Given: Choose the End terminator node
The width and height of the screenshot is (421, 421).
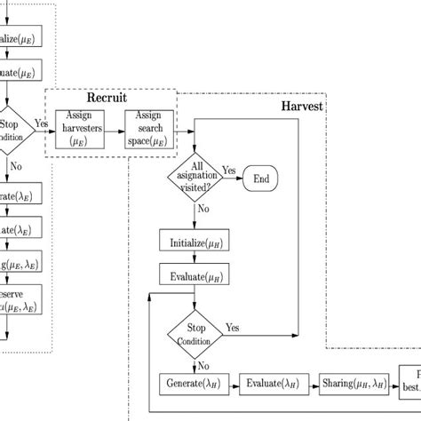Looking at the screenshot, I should [x=262, y=177].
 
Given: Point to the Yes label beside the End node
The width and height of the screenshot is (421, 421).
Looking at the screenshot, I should [x=228, y=170].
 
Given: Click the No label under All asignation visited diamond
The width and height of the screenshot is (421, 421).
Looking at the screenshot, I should [x=203, y=210].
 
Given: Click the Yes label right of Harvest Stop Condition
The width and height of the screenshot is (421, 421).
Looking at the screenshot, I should [x=234, y=327].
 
